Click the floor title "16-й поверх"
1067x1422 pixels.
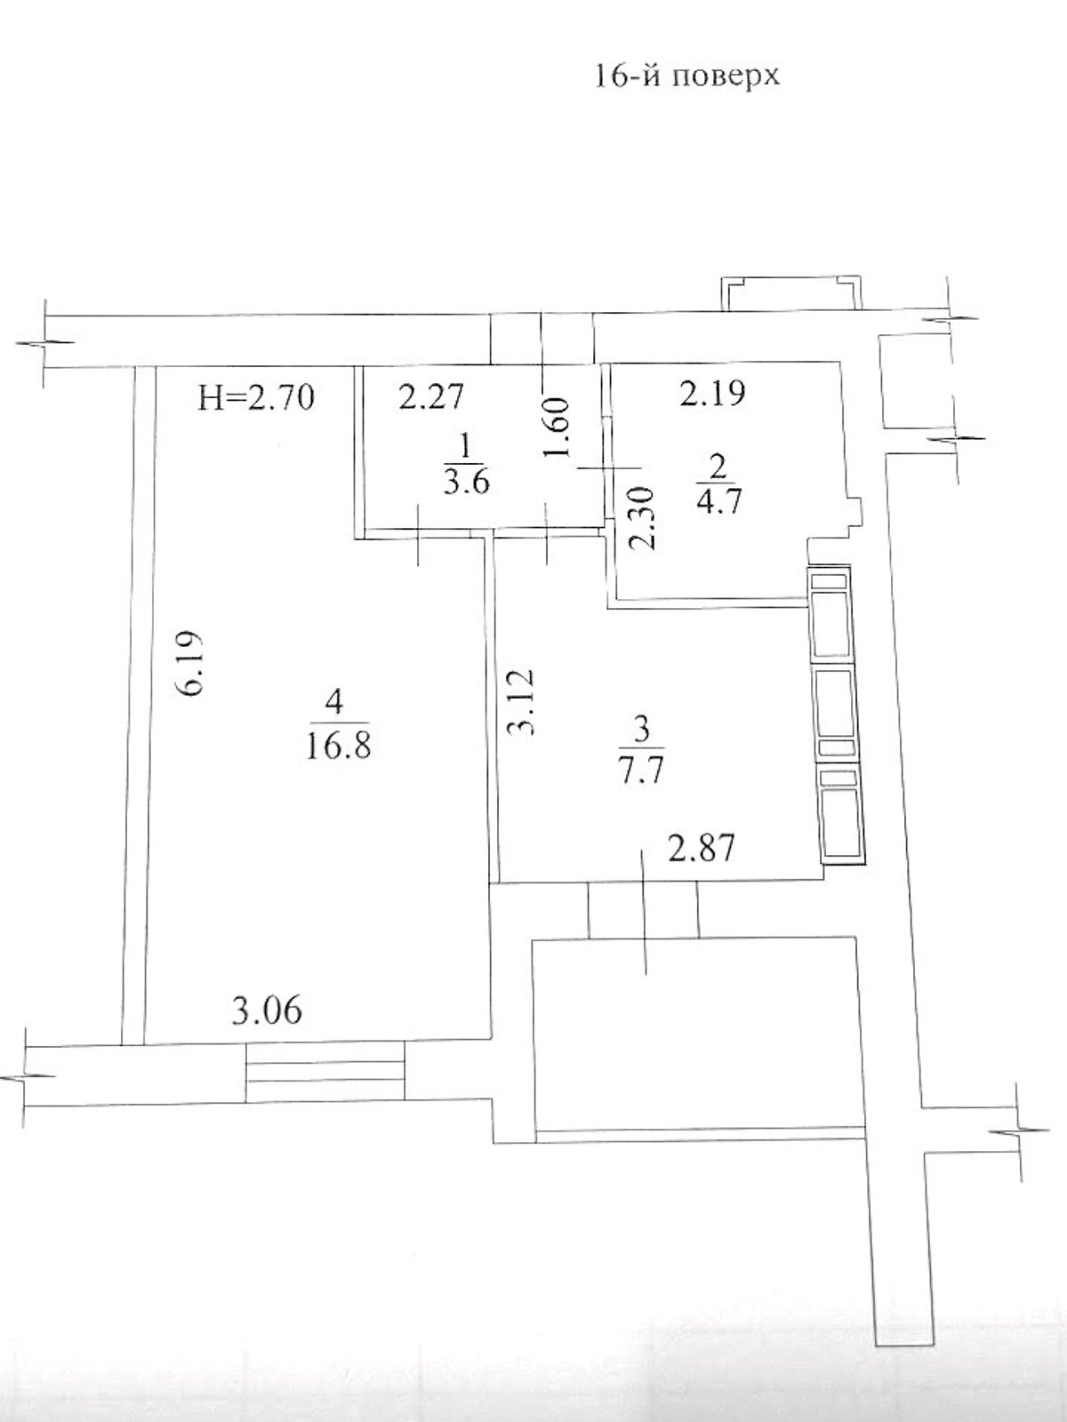tap(686, 76)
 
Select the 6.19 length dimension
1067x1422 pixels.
tap(192, 663)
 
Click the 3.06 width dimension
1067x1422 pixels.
tap(267, 1011)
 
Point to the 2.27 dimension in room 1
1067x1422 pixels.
tap(431, 396)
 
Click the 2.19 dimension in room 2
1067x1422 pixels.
tap(712, 393)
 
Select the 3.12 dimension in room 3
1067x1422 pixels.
tap(522, 701)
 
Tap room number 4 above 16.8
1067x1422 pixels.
tap(335, 702)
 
